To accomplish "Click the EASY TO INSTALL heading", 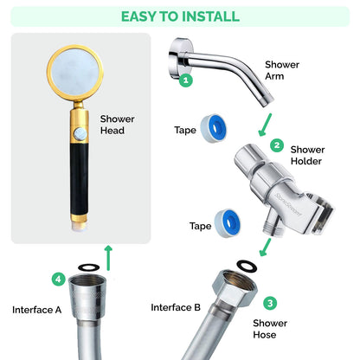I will click(180, 16).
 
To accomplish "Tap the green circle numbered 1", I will click(185, 80).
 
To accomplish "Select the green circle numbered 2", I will click(277, 145).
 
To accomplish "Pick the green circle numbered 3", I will click(270, 303).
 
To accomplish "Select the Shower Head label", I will click(117, 125).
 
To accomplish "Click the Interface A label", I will click(36, 309).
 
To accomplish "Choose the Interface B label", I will click(176, 307).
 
